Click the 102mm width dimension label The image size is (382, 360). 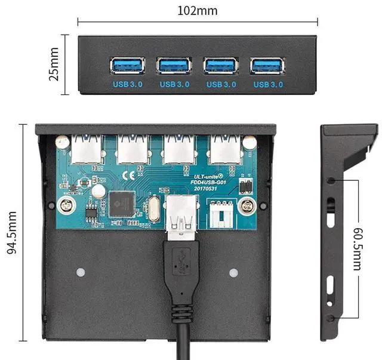click(x=198, y=10)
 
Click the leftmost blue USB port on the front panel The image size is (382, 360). click(x=127, y=65)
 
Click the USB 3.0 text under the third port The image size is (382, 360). click(x=221, y=85)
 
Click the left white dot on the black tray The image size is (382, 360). click(x=80, y=272)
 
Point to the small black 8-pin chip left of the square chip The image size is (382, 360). click(x=91, y=211)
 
